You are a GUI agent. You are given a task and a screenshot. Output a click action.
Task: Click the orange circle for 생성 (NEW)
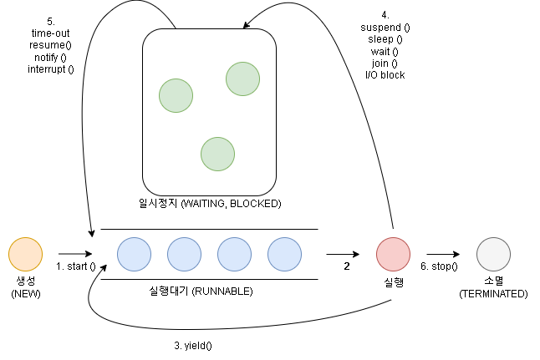click(x=26, y=254)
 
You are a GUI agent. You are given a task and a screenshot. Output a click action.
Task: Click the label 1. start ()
click(x=76, y=266)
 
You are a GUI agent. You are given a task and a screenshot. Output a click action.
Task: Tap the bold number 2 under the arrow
click(x=346, y=267)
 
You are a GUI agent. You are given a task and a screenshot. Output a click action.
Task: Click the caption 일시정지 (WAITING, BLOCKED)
click(x=210, y=204)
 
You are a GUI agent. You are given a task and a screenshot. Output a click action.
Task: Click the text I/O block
click(x=385, y=74)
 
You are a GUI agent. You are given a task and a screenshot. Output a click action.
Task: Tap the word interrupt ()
click(x=51, y=68)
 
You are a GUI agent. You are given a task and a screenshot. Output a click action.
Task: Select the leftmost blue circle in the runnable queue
click(x=134, y=254)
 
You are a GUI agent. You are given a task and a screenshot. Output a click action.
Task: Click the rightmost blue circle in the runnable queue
click(x=284, y=254)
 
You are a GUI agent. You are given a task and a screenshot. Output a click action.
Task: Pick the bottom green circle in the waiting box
click(x=217, y=154)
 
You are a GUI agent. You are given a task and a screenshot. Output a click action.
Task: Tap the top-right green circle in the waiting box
click(x=242, y=79)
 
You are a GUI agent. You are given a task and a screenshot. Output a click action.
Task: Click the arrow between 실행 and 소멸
click(x=442, y=253)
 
